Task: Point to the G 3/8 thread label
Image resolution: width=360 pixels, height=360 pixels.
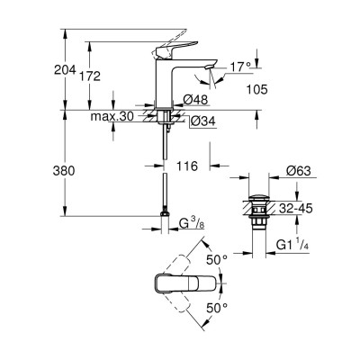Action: coord(196,222)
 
